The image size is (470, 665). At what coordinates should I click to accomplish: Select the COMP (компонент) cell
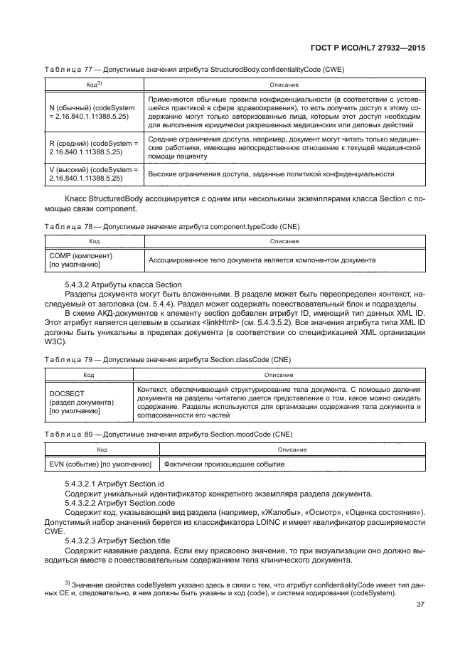pyautogui.click(x=78, y=260)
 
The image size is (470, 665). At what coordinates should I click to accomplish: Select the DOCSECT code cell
pyautogui.click(x=80, y=402)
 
